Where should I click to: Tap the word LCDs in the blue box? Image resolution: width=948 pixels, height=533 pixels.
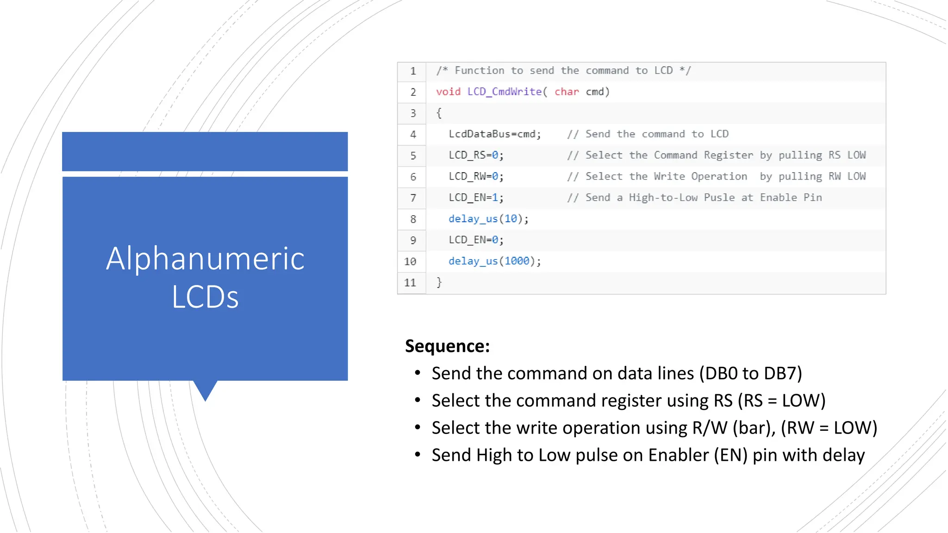tap(205, 297)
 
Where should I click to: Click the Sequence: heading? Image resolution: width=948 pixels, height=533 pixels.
tap(447, 346)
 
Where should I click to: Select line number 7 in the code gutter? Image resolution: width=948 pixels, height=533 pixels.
tap(413, 198)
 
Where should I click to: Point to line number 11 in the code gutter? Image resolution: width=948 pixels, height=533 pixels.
tap(410, 283)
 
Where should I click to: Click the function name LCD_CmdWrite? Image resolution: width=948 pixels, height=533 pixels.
tap(505, 92)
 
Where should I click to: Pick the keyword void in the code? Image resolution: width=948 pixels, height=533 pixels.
tap(448, 92)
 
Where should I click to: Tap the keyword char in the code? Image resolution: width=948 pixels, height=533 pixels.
tap(567, 92)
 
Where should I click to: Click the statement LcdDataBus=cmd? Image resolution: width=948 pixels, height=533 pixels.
tap(494, 134)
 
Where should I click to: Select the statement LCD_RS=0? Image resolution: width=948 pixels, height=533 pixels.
tap(476, 155)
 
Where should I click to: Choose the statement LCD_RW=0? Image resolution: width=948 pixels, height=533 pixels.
tap(476, 177)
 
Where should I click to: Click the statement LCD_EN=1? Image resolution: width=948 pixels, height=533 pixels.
tap(476, 198)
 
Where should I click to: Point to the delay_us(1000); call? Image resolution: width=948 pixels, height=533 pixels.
tap(494, 261)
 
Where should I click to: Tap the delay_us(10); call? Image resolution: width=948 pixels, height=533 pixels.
tap(488, 219)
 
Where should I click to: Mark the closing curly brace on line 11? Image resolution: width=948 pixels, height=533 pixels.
tap(439, 282)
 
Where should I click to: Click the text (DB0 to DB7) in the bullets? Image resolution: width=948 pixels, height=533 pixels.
tap(750, 373)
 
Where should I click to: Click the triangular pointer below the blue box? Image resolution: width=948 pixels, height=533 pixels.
tap(205, 390)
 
